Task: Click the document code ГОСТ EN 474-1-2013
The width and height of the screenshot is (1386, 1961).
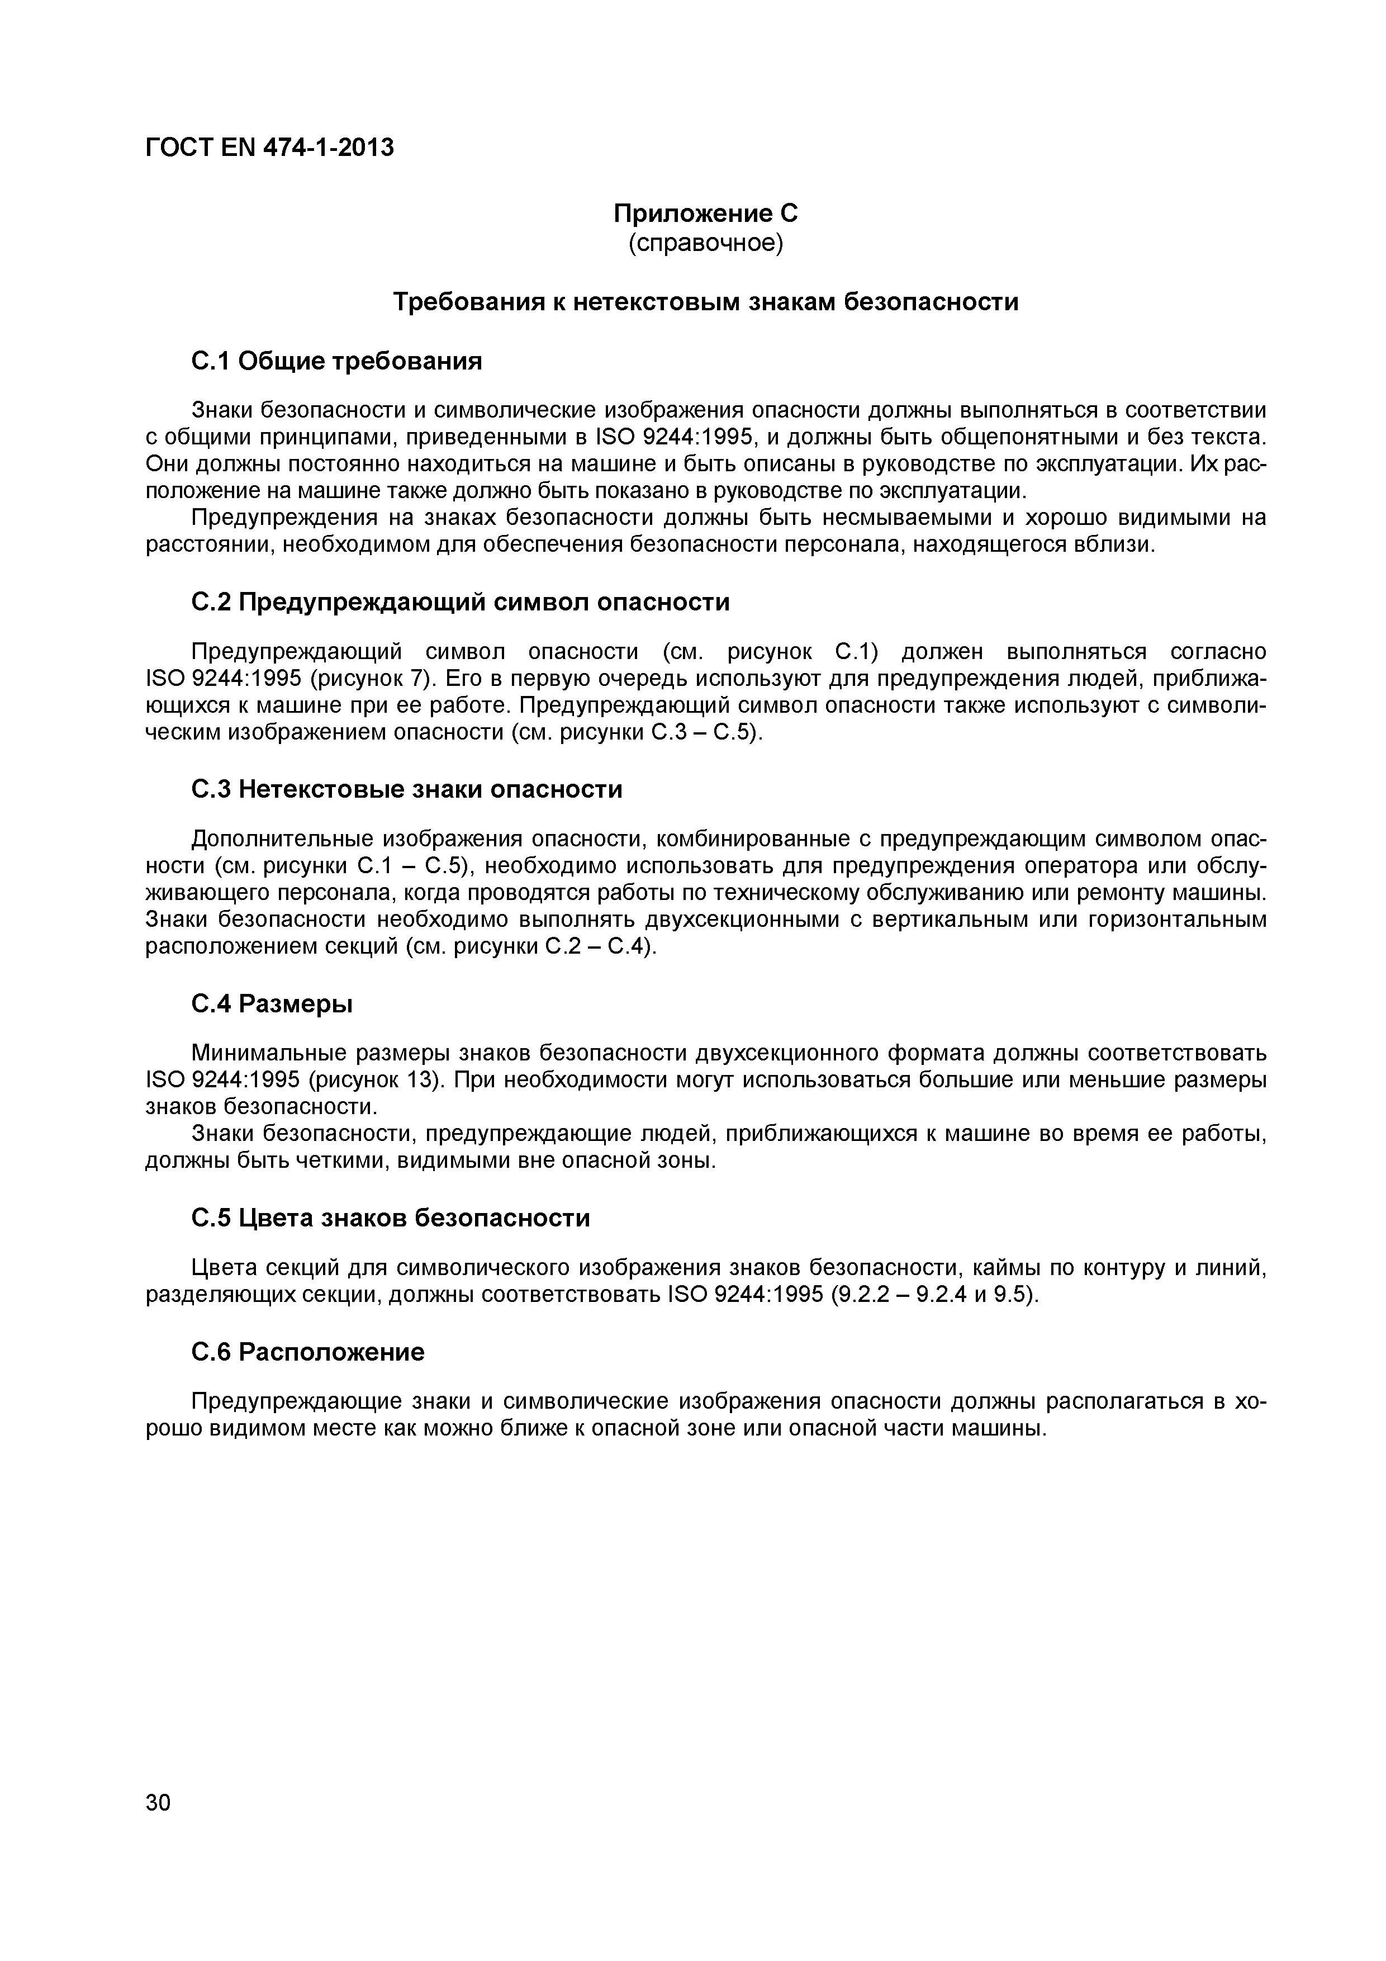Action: click(270, 148)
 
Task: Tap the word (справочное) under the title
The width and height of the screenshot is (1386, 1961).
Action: click(705, 243)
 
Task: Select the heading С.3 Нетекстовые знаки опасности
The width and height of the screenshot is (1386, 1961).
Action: click(406, 789)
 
